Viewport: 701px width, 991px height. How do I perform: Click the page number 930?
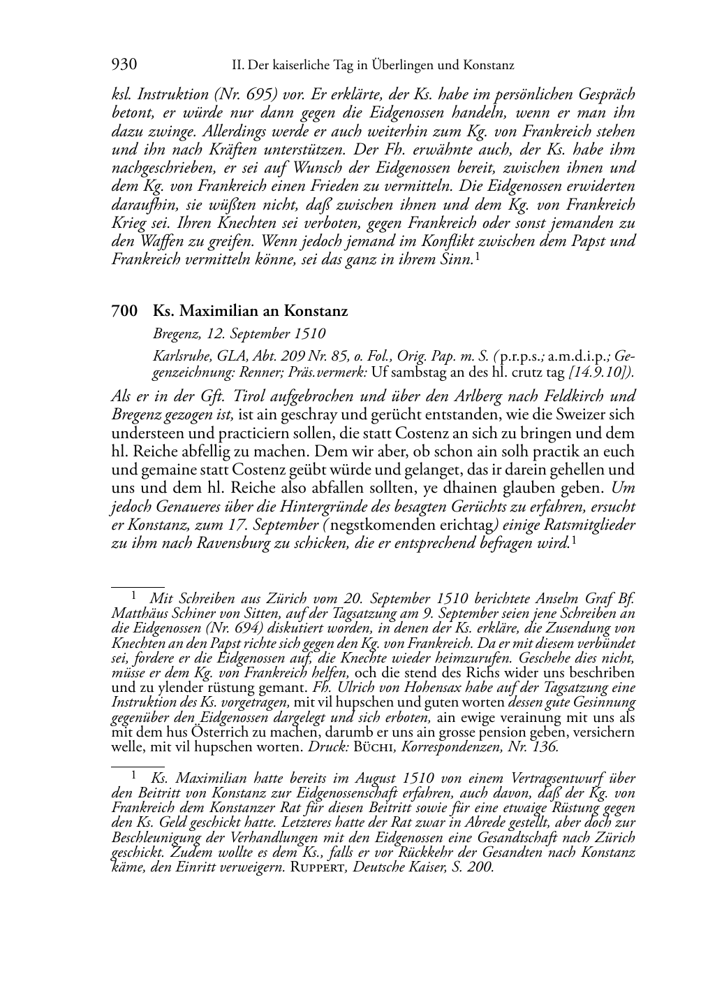tap(124, 65)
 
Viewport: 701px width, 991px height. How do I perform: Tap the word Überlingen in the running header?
tap(358, 66)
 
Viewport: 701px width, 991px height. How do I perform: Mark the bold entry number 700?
tap(124, 312)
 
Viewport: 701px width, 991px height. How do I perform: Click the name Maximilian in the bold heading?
tap(214, 312)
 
